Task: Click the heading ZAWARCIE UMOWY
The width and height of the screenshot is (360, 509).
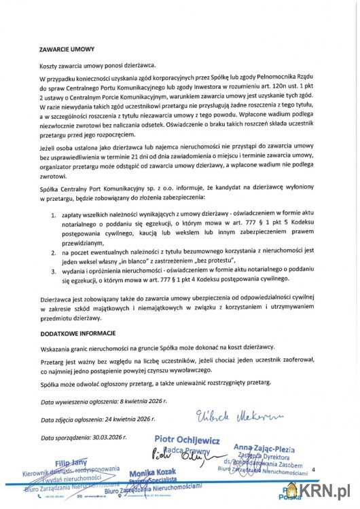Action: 67,49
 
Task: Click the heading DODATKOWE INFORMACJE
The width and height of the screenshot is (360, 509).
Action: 77,333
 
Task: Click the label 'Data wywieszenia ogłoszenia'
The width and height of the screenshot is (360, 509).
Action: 84,403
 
